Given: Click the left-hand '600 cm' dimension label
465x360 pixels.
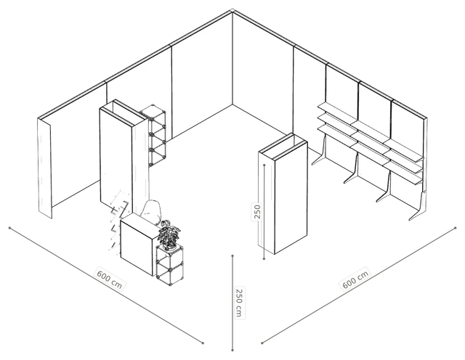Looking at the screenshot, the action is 110,279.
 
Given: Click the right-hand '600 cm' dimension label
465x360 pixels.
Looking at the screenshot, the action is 355,279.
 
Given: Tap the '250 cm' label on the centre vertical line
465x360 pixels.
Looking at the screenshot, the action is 239,302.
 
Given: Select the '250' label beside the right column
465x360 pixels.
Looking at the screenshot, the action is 257,211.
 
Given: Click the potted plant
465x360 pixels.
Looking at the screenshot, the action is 169,234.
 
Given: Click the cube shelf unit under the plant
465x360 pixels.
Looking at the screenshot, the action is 169,265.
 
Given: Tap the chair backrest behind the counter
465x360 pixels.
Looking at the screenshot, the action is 152,211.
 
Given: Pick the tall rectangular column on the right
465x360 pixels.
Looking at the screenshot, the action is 283,194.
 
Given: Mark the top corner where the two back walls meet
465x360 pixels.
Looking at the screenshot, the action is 232,12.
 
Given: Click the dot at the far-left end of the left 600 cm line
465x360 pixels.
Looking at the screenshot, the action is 9,228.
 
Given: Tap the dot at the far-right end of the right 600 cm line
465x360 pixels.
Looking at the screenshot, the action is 456,228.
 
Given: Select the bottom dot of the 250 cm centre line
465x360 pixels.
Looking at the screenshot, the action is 232,351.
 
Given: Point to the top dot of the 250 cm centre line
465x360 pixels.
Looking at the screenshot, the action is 232,255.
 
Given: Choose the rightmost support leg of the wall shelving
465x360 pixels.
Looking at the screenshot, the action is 418,207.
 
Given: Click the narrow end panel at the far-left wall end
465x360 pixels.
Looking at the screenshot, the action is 45,168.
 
